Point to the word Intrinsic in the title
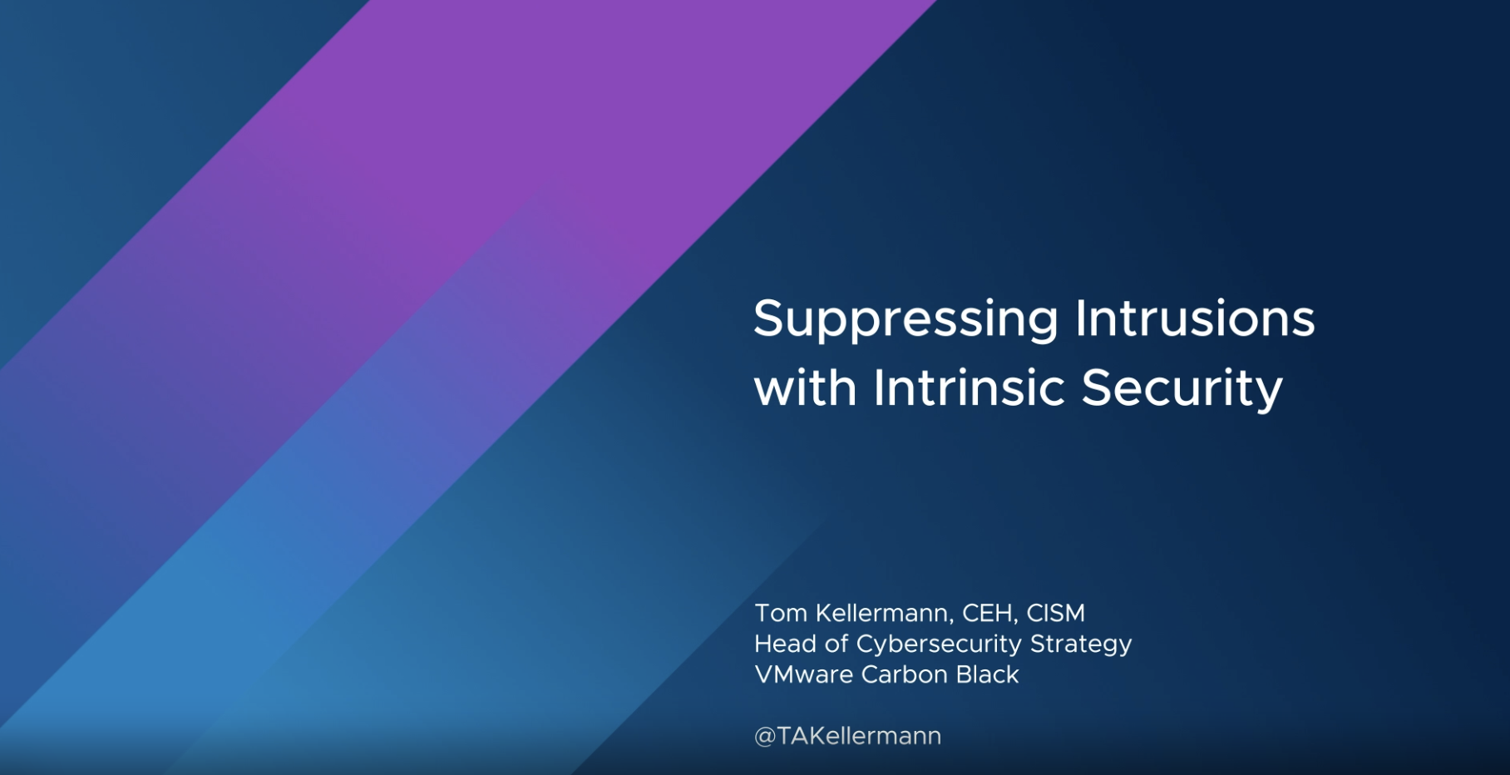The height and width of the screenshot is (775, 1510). [969, 387]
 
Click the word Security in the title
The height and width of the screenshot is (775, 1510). [1182, 390]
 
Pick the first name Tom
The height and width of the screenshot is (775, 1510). [781, 613]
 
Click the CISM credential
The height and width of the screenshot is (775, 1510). [1055, 613]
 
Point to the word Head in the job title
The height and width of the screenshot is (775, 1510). [785, 644]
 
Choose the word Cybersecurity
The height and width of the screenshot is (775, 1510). [939, 645]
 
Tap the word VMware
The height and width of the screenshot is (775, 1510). [803, 674]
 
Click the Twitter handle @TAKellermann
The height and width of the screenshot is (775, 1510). [847, 736]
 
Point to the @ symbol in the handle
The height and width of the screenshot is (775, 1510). [765, 737]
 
